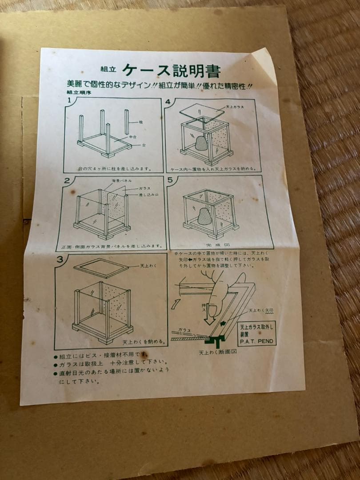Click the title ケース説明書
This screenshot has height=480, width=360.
click(171, 70)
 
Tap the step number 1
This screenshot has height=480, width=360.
click(69, 100)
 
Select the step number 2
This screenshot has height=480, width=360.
click(67, 180)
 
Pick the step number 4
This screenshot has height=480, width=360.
click(168, 102)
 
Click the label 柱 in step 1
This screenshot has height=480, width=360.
click(141, 121)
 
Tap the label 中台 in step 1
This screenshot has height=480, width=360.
click(132, 137)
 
